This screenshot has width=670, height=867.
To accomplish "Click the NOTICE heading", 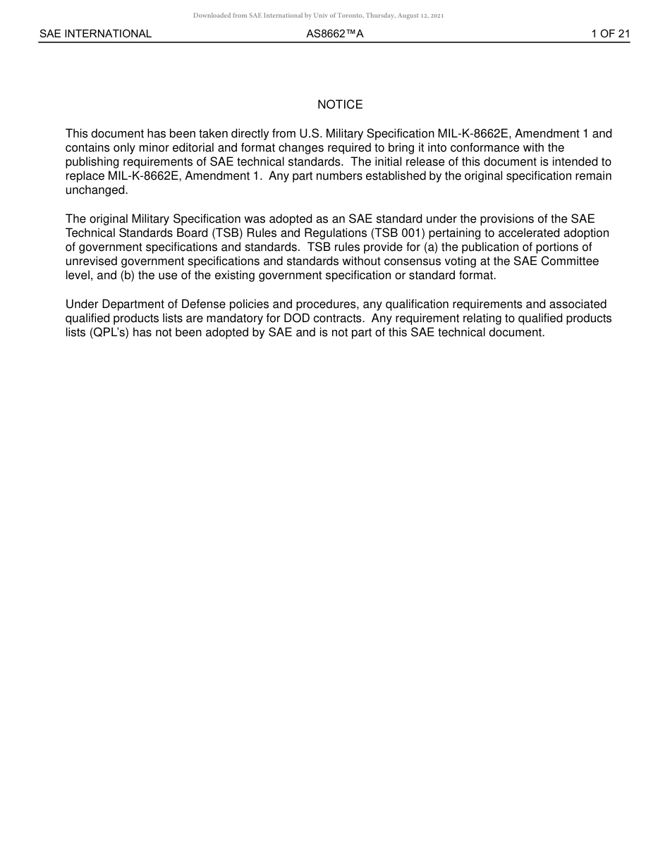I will [340, 105].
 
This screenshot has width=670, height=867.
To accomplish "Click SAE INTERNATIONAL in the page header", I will [95, 34].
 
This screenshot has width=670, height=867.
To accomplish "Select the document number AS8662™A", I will [334, 34].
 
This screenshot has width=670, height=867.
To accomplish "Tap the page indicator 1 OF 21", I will [610, 34].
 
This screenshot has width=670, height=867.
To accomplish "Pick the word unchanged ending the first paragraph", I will [96, 190].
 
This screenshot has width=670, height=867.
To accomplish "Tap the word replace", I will [85, 176].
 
